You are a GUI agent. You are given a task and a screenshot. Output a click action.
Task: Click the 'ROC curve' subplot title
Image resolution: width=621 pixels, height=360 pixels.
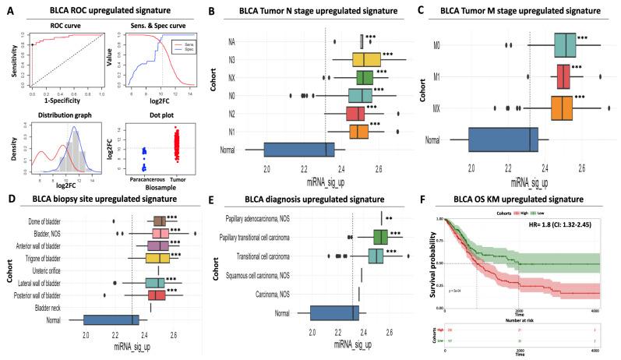(58, 25)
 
